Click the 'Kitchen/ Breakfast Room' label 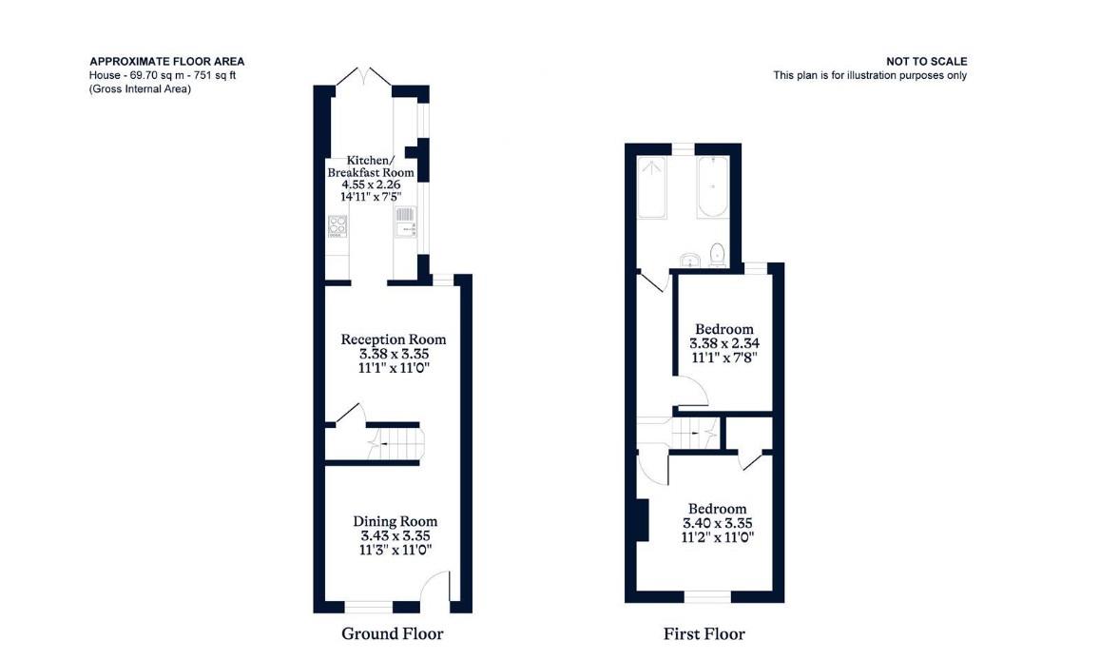[371, 166]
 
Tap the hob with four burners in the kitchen [337, 226]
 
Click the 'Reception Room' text [393, 339]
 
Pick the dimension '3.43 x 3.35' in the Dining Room [395, 535]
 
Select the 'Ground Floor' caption [392, 633]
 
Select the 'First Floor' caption [704, 633]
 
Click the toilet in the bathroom [717, 254]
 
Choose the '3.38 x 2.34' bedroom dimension [723, 344]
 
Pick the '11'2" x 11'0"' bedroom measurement [718, 537]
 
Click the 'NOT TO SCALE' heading [926, 62]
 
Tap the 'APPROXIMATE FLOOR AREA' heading [166, 62]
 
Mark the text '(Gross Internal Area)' [140, 89]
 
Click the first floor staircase [694, 433]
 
